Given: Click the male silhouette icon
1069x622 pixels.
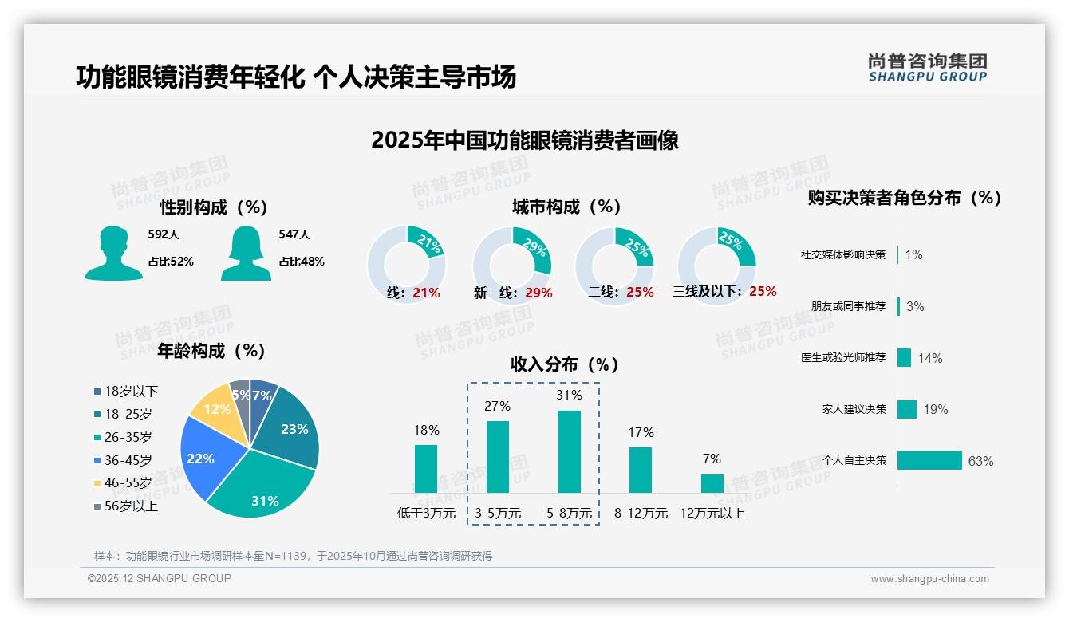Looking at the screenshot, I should coord(113,254).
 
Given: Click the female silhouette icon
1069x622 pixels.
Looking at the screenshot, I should coord(246,254).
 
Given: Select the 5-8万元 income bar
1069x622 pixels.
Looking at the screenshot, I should coord(569,451).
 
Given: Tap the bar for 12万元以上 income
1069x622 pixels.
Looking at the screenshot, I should coord(712,483).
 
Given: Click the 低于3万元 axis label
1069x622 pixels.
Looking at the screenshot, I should coord(426,514).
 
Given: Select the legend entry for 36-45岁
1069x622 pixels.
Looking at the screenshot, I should coord(128,460).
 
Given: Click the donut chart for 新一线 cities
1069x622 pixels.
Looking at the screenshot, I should coord(511,266).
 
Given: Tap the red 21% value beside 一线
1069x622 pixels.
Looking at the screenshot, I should coord(426,293).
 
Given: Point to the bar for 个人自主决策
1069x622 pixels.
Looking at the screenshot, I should coord(929,460).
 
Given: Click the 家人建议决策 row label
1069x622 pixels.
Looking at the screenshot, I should coord(854,409).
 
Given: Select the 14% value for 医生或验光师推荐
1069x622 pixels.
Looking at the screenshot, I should coord(929,358).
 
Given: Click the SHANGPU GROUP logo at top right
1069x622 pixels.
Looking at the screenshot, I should coord(927,68).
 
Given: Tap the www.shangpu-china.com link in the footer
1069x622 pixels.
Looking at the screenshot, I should coord(929,579).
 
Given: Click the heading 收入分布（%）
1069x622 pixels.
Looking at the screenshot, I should coord(565,365).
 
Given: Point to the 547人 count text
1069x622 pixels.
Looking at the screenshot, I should coord(294,234).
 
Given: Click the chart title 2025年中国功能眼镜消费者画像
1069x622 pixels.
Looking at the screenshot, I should coord(524,140).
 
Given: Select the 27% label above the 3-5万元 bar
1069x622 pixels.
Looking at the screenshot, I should coord(497,406).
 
